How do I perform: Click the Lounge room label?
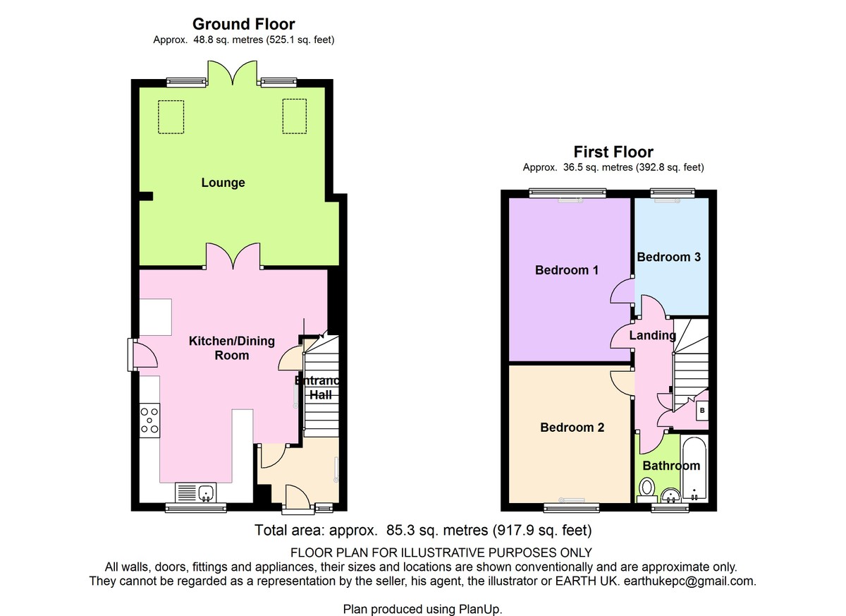pyautogui.click(x=223, y=183)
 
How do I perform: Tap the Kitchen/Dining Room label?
pyautogui.click(x=231, y=348)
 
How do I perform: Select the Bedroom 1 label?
pyautogui.click(x=567, y=270)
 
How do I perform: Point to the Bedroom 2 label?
pyautogui.click(x=572, y=428)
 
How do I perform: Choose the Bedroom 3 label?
pyautogui.click(x=669, y=257)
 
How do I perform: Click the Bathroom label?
pyautogui.click(x=671, y=466)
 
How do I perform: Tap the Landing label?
pyautogui.click(x=653, y=335)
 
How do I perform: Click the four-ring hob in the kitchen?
pyautogui.click(x=149, y=421)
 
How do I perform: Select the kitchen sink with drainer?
pyautogui.click(x=196, y=493)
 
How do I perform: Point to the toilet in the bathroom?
pyautogui.click(x=647, y=490)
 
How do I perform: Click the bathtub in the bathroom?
pyautogui.click(x=694, y=469)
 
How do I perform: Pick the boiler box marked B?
pyautogui.click(x=702, y=411)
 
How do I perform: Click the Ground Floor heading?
pyautogui.click(x=244, y=24)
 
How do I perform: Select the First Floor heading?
pyautogui.click(x=613, y=152)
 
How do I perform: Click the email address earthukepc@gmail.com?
pyautogui.click(x=689, y=581)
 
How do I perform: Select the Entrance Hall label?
pyautogui.click(x=317, y=388)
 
